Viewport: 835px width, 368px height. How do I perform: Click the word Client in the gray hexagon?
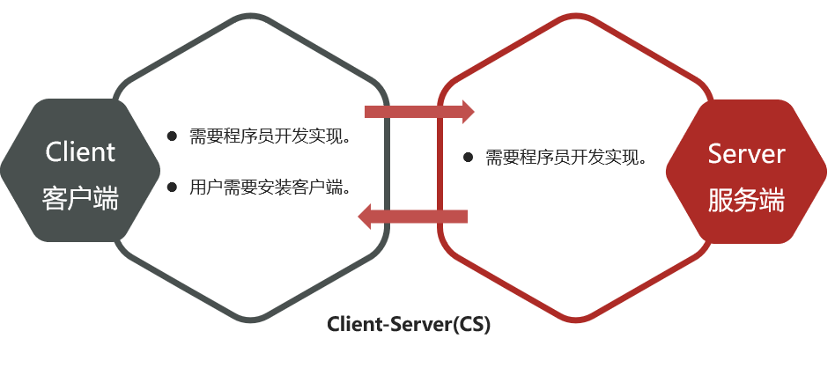click(79, 151)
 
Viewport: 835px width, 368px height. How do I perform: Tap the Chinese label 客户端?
click(79, 199)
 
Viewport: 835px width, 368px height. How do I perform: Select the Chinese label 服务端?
click(746, 201)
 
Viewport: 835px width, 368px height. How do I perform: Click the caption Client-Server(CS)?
click(409, 324)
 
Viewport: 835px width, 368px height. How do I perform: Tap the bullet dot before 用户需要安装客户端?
click(173, 187)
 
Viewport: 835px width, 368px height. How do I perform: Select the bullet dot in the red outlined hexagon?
click(469, 159)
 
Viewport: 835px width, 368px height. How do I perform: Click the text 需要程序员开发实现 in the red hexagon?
click(566, 159)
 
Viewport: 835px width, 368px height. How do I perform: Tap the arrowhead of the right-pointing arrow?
click(466, 111)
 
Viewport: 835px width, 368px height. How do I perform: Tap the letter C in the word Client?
click(53, 151)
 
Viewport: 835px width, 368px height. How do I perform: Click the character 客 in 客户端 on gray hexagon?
click(54, 199)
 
